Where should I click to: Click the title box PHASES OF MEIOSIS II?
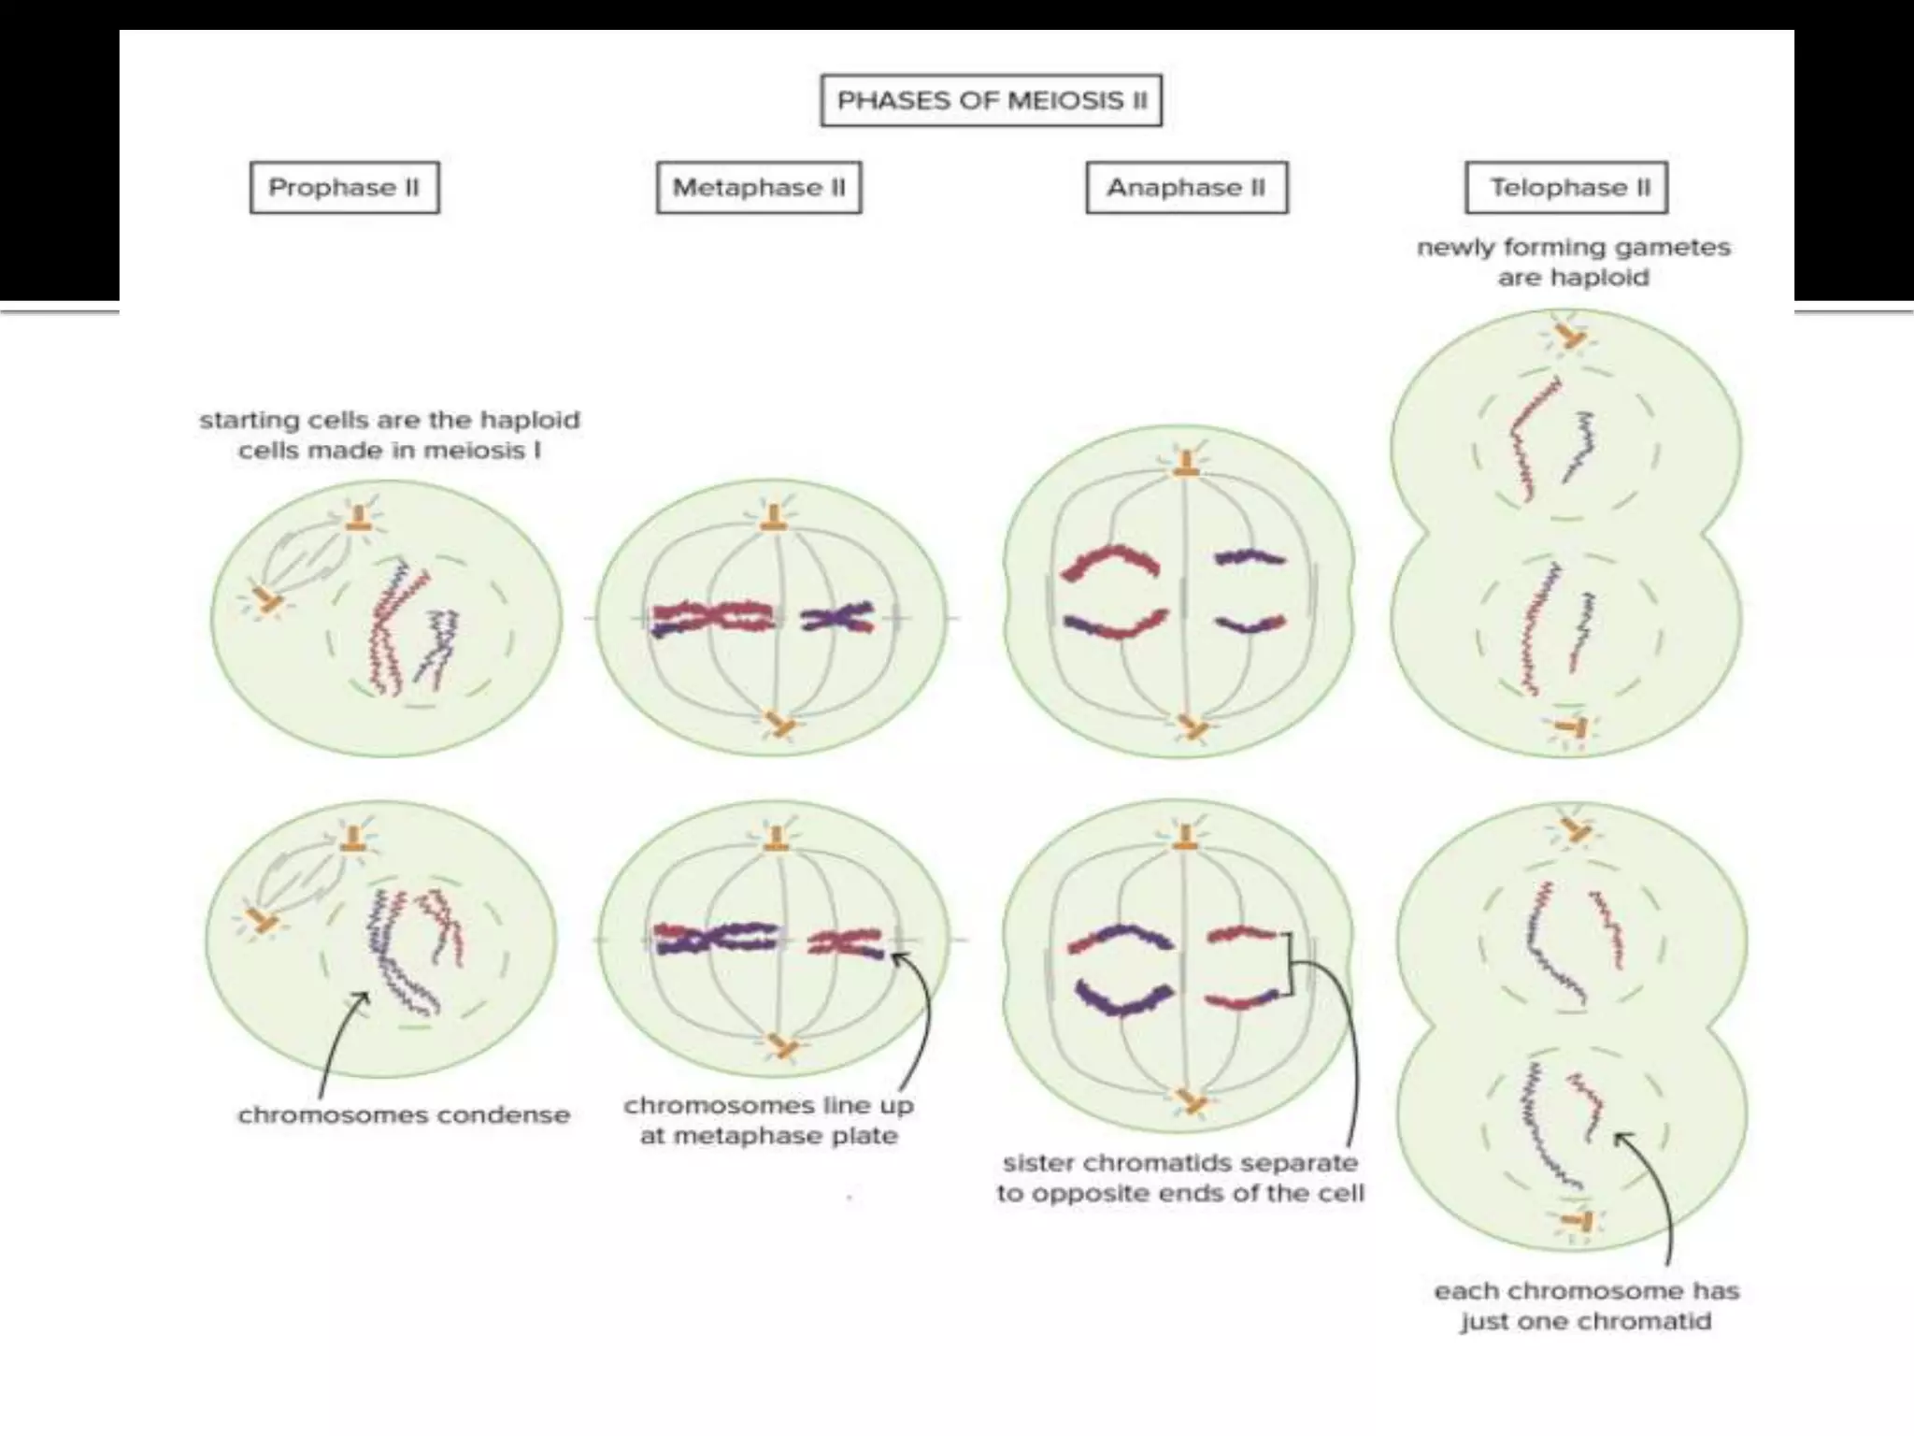pyautogui.click(x=991, y=100)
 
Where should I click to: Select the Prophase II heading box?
pyautogui.click(x=344, y=188)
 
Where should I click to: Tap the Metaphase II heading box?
pyautogui.click(x=758, y=188)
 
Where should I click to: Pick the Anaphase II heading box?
pyautogui.click(x=1186, y=188)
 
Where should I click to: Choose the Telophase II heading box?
pyautogui.click(x=1566, y=188)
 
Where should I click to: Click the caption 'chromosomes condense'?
pyautogui.click(x=403, y=1115)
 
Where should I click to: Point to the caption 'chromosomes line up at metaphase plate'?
pyautogui.click(x=768, y=1120)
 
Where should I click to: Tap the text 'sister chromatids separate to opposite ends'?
pyautogui.click(x=1179, y=1178)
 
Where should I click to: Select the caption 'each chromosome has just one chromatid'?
pyautogui.click(x=1586, y=1306)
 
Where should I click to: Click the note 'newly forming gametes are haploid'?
pyautogui.click(x=1573, y=262)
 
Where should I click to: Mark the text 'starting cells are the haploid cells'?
pyautogui.click(x=389, y=435)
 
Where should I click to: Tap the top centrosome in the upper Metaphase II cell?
pyautogui.click(x=773, y=518)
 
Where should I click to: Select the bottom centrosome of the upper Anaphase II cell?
pyautogui.click(x=1192, y=726)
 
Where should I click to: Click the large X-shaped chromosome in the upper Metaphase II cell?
pyautogui.click(x=712, y=618)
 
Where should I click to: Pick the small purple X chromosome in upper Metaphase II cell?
pyautogui.click(x=837, y=618)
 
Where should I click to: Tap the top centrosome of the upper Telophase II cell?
pyautogui.click(x=1572, y=336)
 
